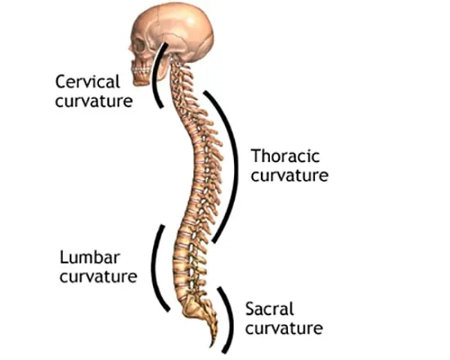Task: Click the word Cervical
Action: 88,82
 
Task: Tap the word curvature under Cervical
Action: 94,101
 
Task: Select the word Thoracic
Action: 286,156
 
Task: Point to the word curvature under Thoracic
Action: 290,176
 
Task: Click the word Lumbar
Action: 90,257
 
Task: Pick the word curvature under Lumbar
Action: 98,277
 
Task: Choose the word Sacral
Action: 270,309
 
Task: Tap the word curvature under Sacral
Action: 284,328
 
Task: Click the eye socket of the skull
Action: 139,47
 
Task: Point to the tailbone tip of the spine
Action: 213,345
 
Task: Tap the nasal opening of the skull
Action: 132,56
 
